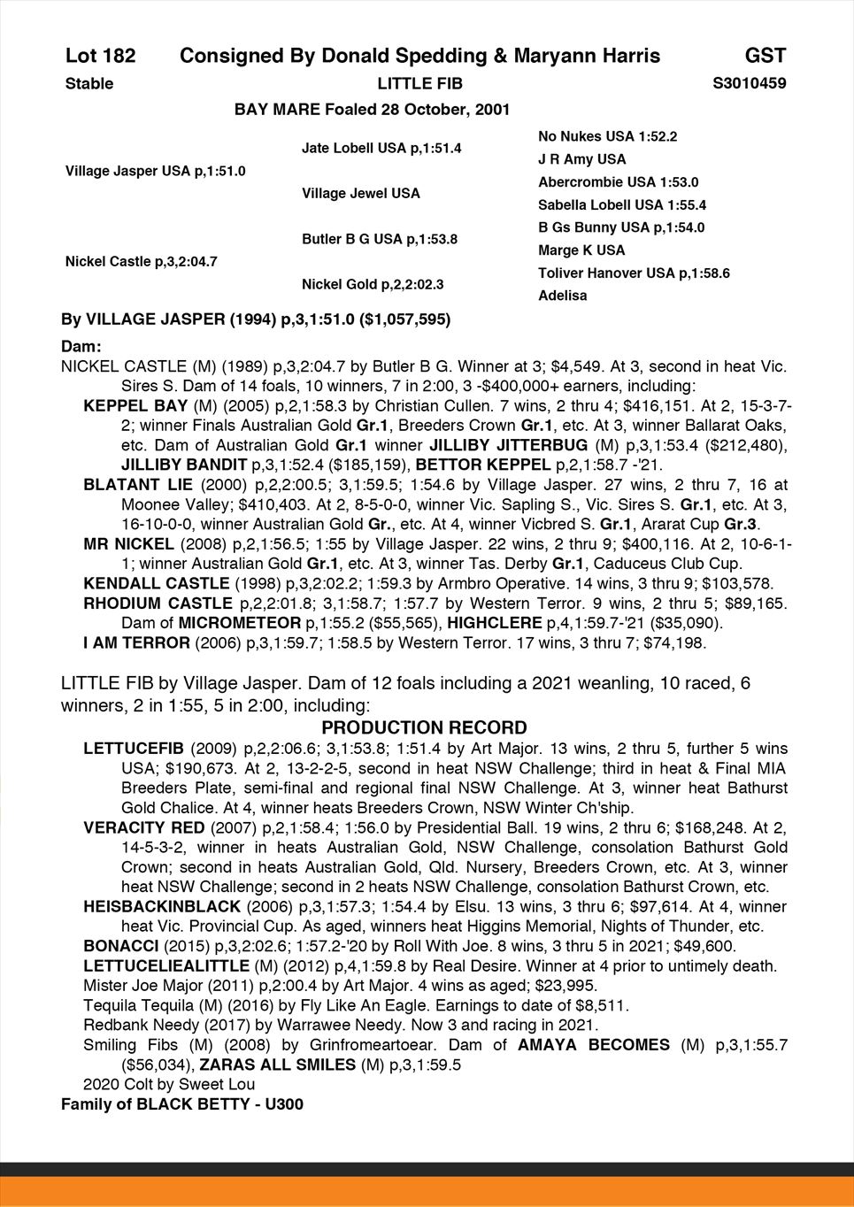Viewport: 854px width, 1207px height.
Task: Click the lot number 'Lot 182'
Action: (x=100, y=57)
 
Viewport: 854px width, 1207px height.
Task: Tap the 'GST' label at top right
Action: (x=765, y=57)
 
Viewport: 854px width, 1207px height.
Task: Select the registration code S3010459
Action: (x=749, y=84)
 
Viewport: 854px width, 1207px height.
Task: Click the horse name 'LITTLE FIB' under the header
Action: (x=419, y=84)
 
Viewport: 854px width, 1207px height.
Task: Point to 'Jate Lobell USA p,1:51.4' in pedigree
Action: (x=381, y=148)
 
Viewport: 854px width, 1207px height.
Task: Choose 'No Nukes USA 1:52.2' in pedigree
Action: (x=607, y=136)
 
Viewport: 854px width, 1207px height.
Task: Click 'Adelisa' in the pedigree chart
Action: (x=562, y=296)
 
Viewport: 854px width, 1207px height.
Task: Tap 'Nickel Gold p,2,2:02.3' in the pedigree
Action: (x=373, y=285)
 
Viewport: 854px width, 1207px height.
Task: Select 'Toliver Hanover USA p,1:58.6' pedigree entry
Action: (x=634, y=273)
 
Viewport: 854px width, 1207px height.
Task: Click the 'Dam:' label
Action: (x=81, y=347)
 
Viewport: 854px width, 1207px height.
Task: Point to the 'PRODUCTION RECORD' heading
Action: (x=424, y=728)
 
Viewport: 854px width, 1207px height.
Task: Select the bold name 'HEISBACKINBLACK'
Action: (x=162, y=906)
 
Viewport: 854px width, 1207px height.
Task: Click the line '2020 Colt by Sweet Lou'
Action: (x=169, y=1085)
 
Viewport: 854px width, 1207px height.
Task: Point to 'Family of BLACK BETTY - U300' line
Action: (x=182, y=1104)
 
